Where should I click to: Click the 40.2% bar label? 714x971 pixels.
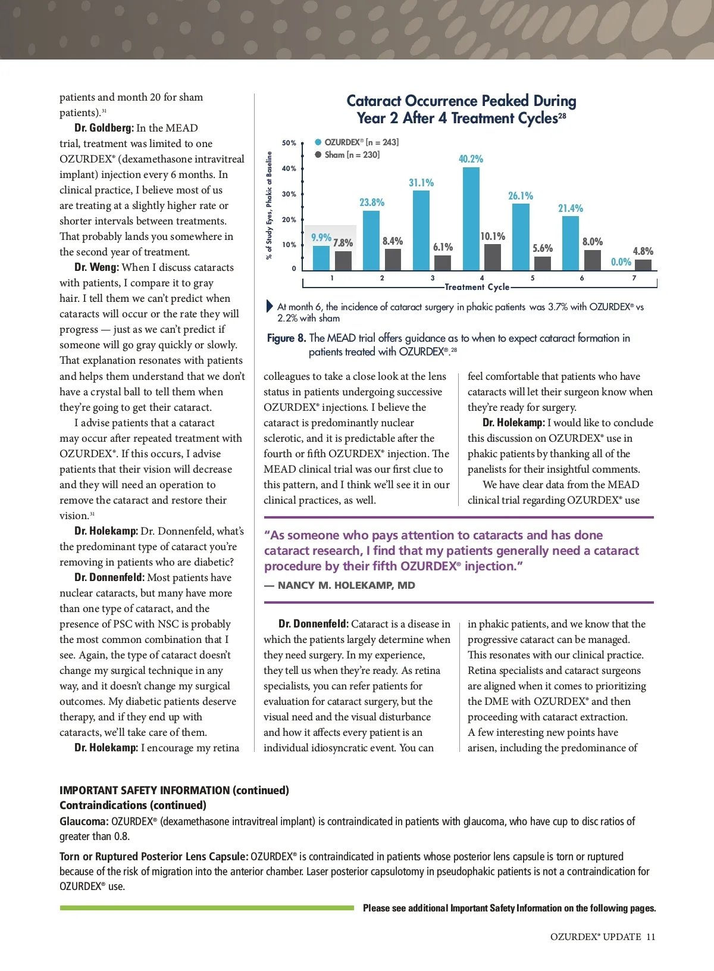[x=471, y=159]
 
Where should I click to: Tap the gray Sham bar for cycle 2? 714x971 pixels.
[x=393, y=260]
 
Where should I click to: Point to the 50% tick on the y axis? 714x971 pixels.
[x=289, y=143]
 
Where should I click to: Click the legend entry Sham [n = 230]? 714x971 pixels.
[x=352, y=155]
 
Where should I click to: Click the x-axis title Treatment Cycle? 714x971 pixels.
[x=477, y=287]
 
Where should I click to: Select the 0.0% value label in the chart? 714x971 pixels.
[x=621, y=262]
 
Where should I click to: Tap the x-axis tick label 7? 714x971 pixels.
[x=634, y=278]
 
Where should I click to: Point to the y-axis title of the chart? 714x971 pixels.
[x=270, y=205]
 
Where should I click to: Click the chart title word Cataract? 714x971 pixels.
[x=374, y=101]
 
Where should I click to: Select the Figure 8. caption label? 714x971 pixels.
[x=286, y=338]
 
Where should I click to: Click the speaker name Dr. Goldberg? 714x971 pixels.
[x=104, y=128]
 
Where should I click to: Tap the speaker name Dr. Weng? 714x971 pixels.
[x=96, y=267]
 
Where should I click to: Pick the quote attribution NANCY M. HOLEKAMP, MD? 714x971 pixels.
[x=346, y=585]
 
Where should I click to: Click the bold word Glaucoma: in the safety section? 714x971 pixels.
[x=84, y=822]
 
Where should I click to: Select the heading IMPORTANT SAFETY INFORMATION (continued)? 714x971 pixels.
[x=174, y=790]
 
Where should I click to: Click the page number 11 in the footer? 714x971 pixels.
[x=650, y=936]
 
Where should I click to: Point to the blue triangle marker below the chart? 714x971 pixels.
[x=270, y=307]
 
